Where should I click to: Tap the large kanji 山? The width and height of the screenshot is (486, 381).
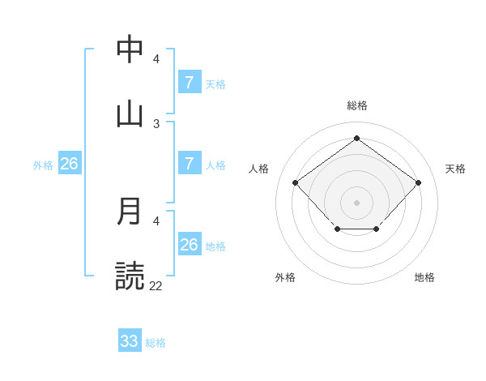(130, 113)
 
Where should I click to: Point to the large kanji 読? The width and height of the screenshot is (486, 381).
(130, 276)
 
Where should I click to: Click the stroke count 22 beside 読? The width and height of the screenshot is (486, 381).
(156, 285)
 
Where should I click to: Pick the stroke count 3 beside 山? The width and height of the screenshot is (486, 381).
(156, 123)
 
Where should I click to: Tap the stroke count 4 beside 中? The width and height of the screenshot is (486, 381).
(156, 59)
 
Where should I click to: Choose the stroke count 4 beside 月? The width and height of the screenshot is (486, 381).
(156, 220)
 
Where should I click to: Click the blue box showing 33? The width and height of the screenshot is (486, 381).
(130, 341)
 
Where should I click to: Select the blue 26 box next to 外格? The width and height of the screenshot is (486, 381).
(69, 164)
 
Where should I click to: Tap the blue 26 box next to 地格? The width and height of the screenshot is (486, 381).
(190, 245)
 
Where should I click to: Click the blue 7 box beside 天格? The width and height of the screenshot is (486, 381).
(190, 83)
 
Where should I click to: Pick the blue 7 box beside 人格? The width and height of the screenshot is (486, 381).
(190, 164)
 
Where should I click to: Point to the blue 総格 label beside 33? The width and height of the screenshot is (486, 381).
(156, 343)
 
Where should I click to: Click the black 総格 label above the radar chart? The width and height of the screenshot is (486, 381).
(357, 105)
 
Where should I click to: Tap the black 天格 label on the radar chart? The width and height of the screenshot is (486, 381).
(455, 169)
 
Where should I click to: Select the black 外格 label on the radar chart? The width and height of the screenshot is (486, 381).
(285, 277)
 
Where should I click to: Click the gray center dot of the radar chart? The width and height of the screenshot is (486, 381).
(356, 202)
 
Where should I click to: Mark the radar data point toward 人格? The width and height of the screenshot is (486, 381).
(296, 182)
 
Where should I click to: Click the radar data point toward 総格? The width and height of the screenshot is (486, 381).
(356, 138)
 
